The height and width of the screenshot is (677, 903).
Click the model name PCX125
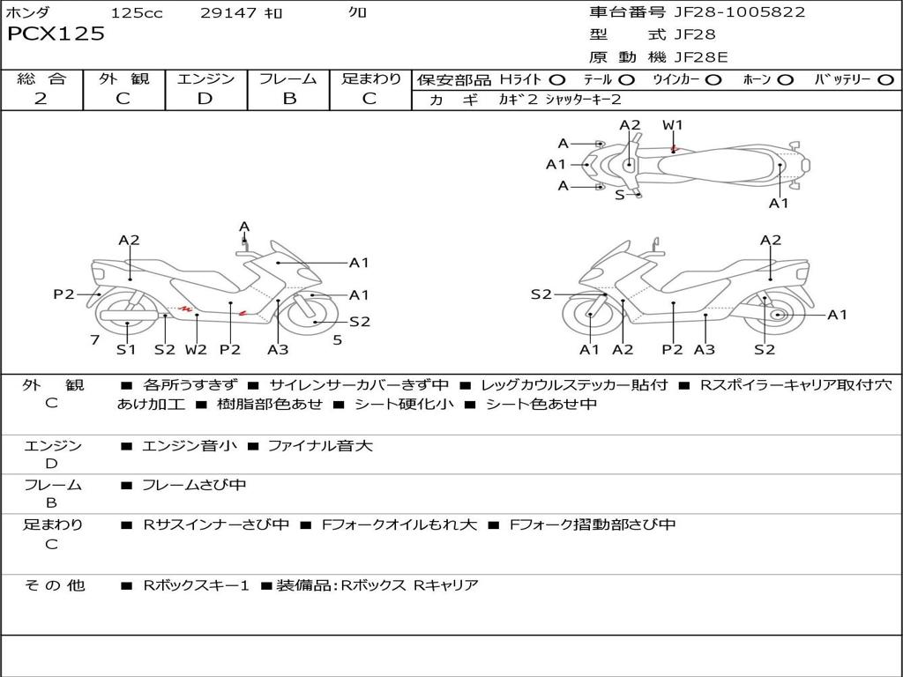point(56,34)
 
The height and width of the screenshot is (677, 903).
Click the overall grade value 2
point(41,99)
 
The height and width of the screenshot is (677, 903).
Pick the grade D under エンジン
point(205,99)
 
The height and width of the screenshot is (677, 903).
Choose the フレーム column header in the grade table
point(288,78)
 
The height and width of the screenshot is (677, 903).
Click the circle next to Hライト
point(557,79)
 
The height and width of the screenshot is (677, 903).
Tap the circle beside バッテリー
point(884,79)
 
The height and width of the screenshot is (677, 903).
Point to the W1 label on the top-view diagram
point(673,125)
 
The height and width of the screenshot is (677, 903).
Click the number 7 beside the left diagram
point(93,339)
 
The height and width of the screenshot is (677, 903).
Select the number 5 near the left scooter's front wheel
point(338,339)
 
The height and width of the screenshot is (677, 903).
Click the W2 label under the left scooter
point(196,349)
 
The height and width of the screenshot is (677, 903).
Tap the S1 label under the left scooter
point(127,349)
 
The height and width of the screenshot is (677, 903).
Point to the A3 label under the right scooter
point(705,349)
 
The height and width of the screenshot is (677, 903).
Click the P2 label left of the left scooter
point(63,294)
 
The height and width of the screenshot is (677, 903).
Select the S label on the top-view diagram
point(619,195)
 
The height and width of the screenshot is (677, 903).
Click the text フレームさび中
point(194,485)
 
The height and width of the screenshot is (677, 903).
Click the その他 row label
point(54,585)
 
